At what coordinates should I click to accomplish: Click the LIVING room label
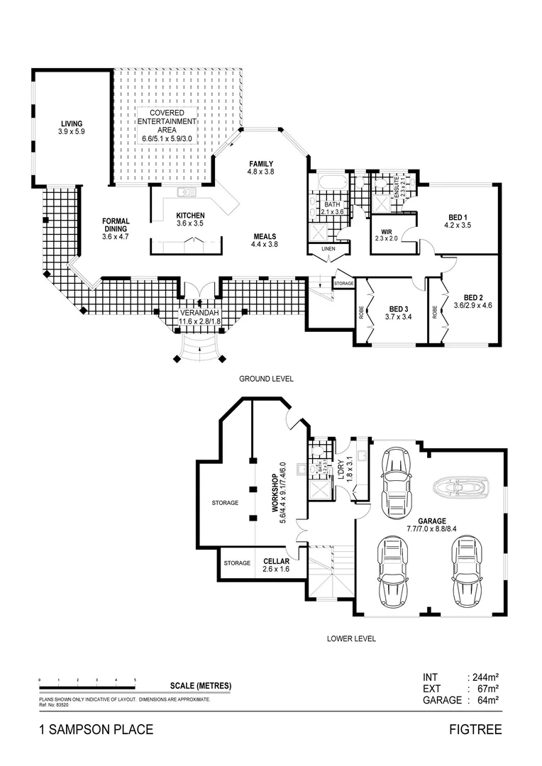72,123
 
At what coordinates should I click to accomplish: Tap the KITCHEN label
190,216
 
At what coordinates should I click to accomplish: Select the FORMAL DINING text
114,226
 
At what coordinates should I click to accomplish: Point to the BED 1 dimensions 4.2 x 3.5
458,226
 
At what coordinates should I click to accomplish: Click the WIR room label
387,231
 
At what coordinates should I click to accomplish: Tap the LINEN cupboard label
328,249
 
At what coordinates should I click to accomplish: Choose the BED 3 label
399,309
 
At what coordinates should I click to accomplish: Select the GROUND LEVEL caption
266,379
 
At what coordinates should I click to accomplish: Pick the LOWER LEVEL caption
351,638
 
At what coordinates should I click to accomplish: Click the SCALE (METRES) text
201,686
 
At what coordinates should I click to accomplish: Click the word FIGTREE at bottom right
475,729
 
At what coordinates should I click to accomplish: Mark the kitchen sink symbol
187,191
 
